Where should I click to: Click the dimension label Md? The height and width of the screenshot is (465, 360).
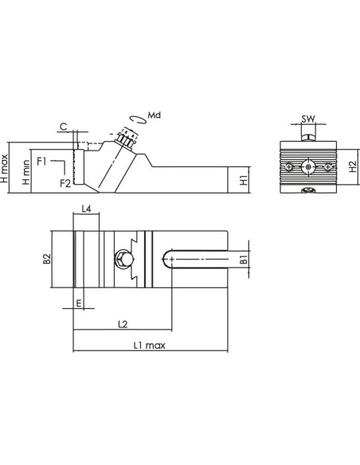coord(155,115)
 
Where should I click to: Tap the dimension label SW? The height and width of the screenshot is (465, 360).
coord(308,119)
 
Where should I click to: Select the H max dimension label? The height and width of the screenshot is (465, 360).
coord(4,169)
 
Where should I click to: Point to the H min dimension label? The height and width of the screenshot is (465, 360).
coord(26,172)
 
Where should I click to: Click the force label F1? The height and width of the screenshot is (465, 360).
coord(41,162)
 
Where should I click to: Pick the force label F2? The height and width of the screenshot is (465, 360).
coord(65,183)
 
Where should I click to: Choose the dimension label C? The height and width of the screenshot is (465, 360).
coord(64,127)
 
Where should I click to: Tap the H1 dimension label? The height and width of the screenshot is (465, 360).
coord(244,180)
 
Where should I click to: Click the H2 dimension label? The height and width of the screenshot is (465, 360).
coord(353,166)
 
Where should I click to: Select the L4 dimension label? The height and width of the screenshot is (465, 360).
coord(86,209)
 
